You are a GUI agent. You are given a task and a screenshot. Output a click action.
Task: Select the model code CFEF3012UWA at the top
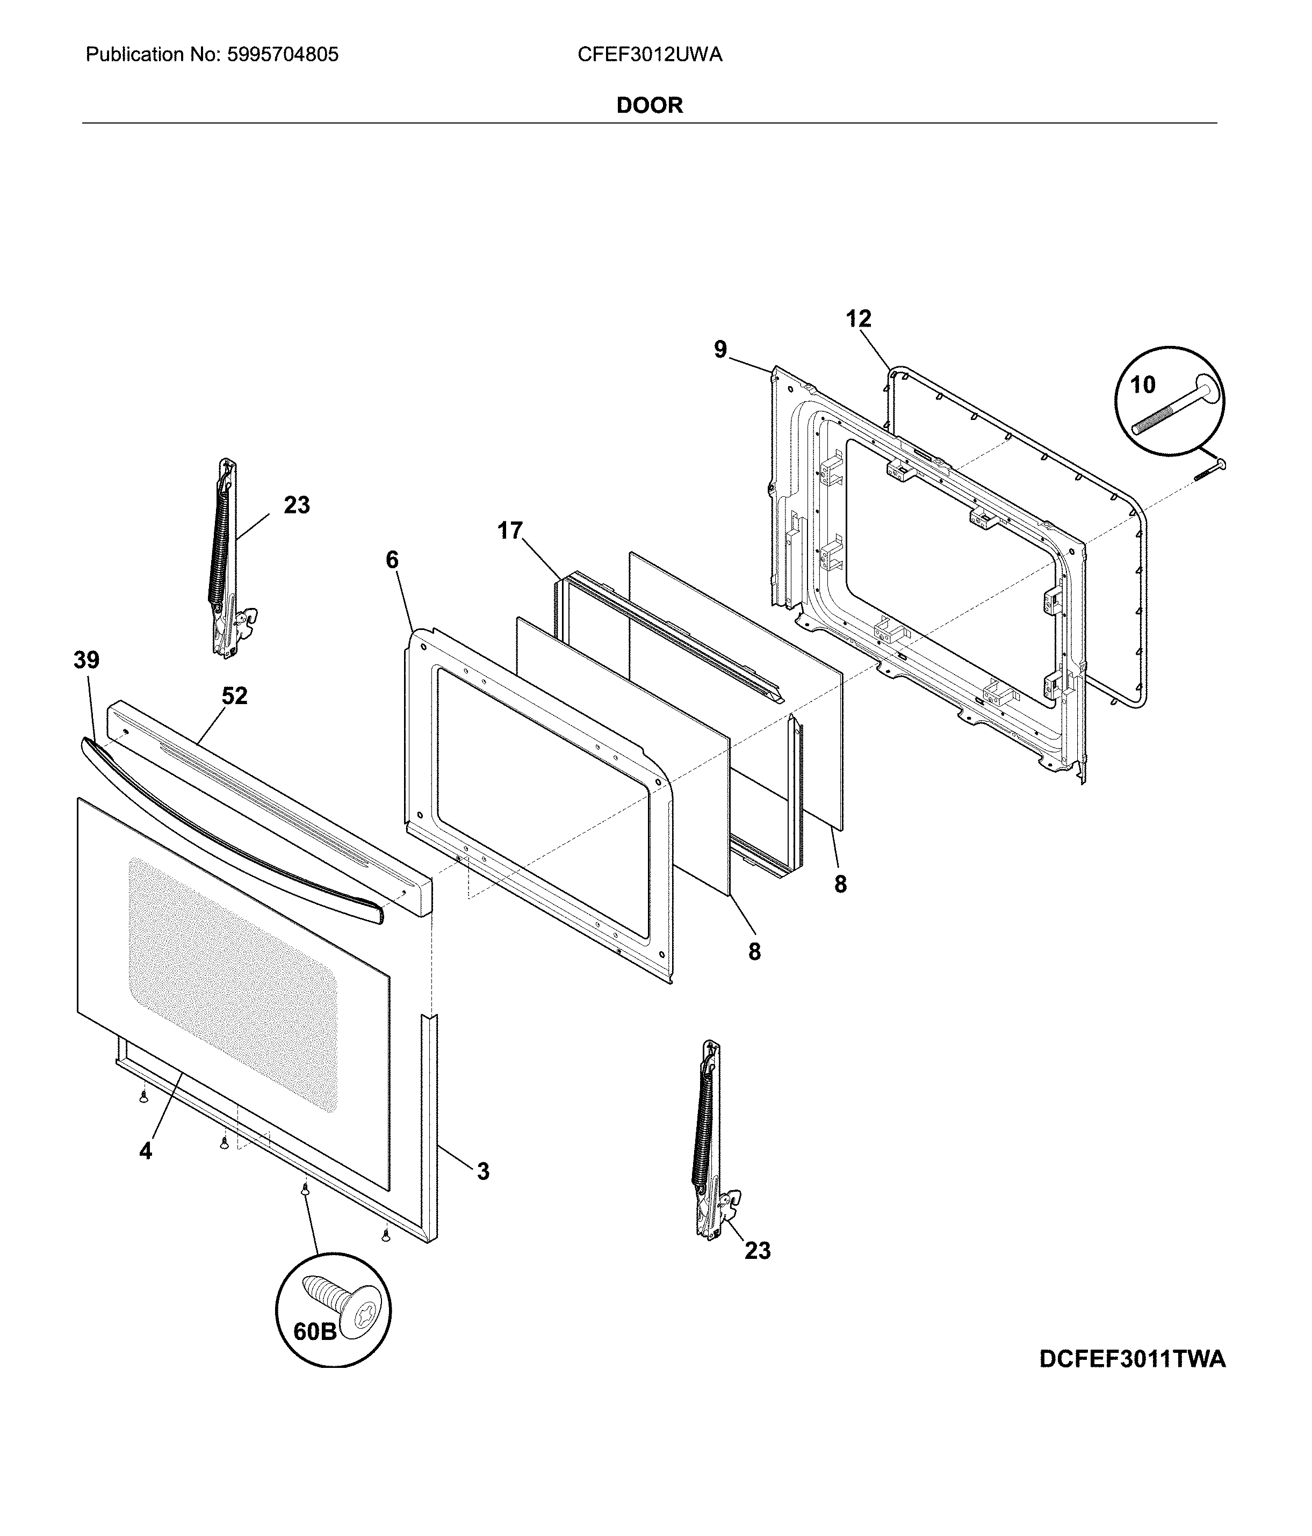(649, 55)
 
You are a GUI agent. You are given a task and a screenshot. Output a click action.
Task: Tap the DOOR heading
(649, 105)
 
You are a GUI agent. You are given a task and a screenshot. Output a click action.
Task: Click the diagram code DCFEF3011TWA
(1132, 1359)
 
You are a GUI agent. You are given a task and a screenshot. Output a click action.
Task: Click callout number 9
(720, 349)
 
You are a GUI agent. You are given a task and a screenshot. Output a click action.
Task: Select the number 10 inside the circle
(1142, 385)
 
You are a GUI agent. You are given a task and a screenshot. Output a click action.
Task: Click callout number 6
(392, 560)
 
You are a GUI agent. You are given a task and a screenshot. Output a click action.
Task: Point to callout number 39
(87, 660)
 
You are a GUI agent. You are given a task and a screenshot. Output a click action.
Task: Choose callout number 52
(234, 695)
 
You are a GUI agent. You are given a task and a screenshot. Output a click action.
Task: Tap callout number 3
(483, 1171)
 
